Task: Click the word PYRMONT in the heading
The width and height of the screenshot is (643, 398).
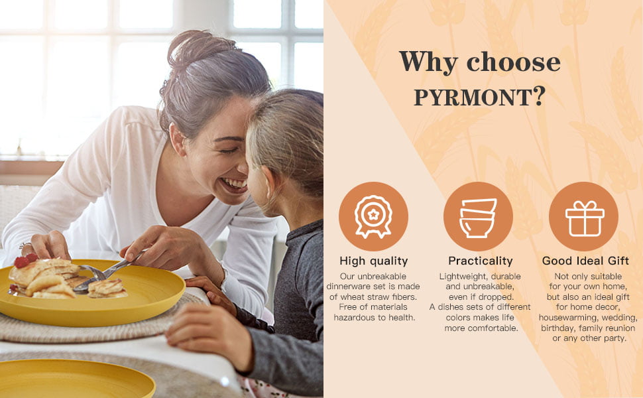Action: pyautogui.click(x=473, y=98)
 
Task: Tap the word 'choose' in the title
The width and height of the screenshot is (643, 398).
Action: pyautogui.click(x=514, y=62)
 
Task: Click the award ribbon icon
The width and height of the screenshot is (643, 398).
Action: pyautogui.click(x=373, y=216)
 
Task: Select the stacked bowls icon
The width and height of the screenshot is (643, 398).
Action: pyautogui.click(x=478, y=218)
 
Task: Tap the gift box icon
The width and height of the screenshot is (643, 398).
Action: pyautogui.click(x=585, y=218)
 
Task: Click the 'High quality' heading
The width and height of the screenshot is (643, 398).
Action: pyautogui.click(x=374, y=261)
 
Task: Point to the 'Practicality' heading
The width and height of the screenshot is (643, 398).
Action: pyautogui.click(x=480, y=261)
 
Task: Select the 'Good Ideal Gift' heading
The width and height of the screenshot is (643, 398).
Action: pyautogui.click(x=585, y=261)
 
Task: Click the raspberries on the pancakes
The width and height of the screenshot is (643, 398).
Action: pyautogui.click(x=25, y=261)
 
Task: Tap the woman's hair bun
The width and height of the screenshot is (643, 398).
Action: pyautogui.click(x=197, y=48)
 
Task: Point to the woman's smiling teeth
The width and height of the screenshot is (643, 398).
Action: pyautogui.click(x=235, y=183)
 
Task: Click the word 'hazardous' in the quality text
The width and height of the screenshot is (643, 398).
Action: pyautogui.click(x=354, y=318)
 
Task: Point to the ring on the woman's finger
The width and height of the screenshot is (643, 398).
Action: pyautogui.click(x=24, y=245)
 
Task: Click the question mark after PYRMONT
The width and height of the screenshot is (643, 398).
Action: pyautogui.click(x=540, y=96)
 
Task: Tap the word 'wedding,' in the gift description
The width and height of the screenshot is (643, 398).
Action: pyautogui.click(x=620, y=318)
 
